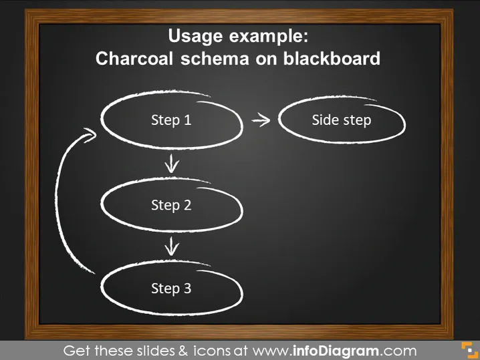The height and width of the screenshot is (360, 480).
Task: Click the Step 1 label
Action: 171,120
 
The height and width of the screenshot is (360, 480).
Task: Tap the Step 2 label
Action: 171,205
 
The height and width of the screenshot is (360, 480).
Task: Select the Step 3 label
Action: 171,289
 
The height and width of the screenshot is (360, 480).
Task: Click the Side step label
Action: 342,120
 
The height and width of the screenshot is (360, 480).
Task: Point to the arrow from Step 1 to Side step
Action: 261,120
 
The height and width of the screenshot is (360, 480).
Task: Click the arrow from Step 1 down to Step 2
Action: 171,164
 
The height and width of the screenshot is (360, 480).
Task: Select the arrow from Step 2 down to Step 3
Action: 171,246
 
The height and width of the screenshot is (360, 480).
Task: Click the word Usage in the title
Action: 195,36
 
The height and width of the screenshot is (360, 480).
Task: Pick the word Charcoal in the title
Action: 134,58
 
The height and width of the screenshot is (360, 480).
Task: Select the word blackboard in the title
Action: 332,58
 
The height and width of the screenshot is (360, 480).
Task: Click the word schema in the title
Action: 215,58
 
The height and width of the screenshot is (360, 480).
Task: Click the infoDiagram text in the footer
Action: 336,351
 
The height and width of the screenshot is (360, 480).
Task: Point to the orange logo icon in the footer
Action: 469,351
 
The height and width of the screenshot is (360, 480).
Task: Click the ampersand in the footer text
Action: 183,351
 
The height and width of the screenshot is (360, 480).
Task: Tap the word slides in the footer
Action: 156,351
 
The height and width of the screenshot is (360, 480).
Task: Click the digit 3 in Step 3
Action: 187,288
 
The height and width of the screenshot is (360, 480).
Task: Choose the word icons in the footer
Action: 212,351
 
